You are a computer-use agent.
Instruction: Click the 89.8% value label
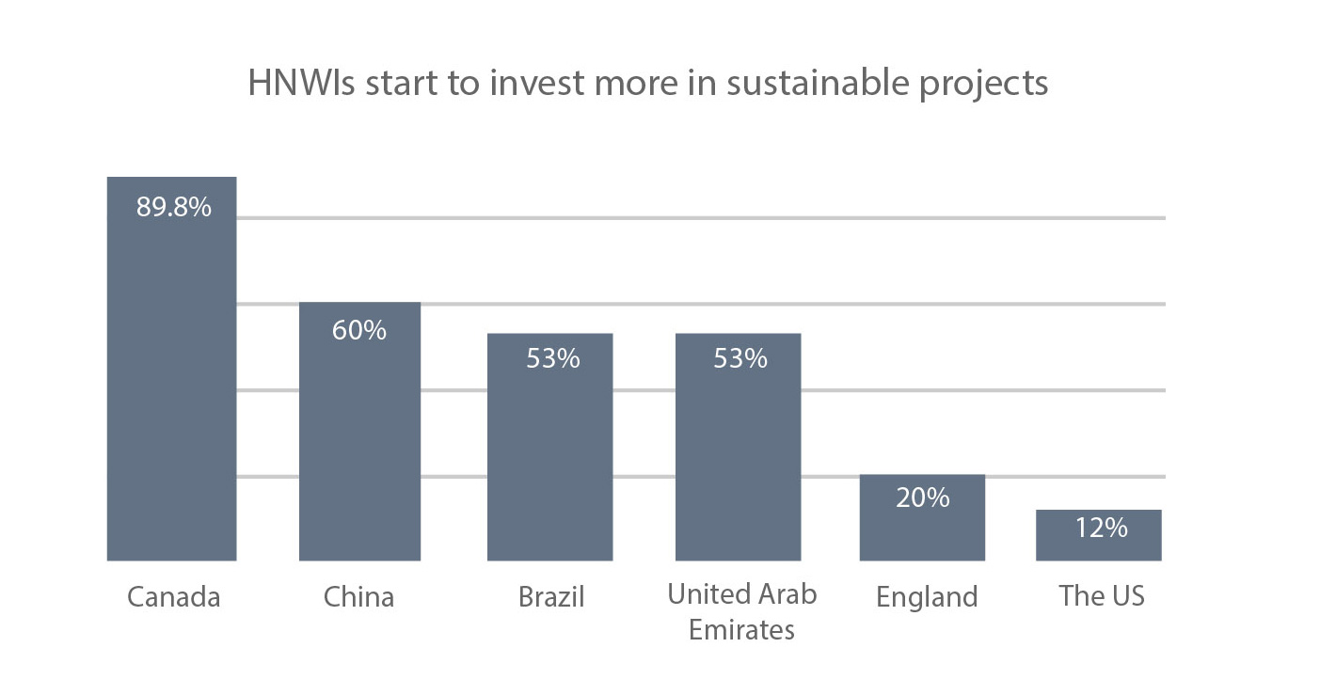click(x=174, y=207)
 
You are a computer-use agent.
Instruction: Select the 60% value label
click(x=359, y=331)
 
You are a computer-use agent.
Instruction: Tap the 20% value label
click(x=922, y=497)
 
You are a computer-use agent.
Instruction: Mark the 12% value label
click(x=1101, y=528)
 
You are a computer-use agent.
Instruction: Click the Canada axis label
click(x=173, y=597)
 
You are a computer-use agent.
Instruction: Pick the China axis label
click(x=358, y=597)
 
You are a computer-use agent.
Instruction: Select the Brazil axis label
click(x=551, y=597)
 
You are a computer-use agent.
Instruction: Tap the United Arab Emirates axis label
click(x=741, y=611)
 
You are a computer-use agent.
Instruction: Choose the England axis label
click(x=927, y=597)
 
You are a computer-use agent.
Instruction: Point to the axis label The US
click(x=1101, y=595)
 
